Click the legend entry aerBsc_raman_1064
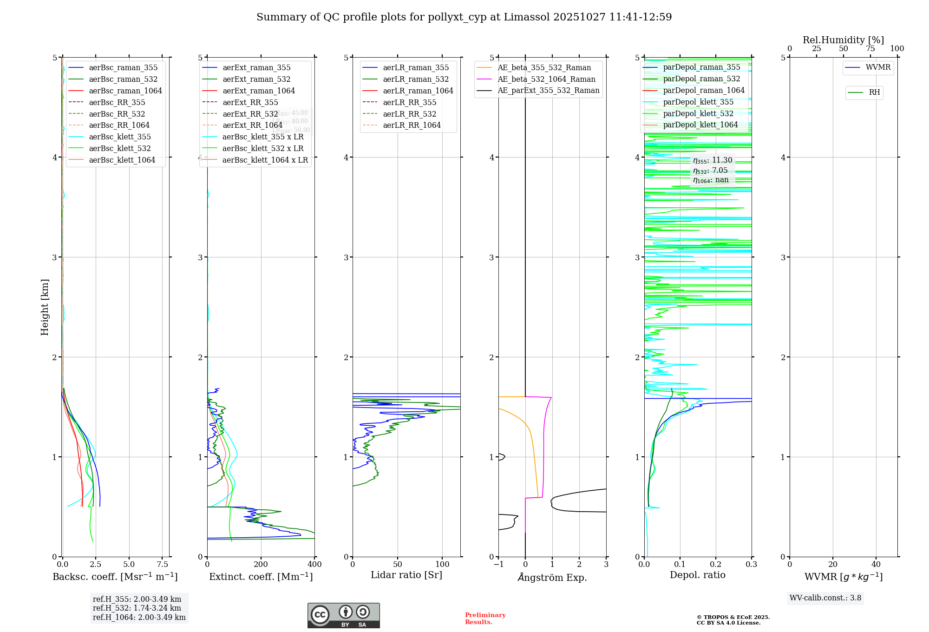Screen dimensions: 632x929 point(125,91)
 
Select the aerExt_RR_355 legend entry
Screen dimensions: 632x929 point(250,102)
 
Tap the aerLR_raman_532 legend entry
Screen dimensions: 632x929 point(416,79)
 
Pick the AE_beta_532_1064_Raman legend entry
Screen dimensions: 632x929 point(546,79)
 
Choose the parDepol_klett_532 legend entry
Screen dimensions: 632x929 point(698,113)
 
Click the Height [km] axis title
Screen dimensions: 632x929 point(45,307)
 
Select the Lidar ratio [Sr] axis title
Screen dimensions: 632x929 point(406,575)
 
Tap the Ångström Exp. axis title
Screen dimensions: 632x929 point(552,577)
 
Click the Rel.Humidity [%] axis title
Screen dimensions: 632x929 point(843,40)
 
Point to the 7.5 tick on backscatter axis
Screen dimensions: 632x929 point(162,565)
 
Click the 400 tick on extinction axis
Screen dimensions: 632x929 point(314,565)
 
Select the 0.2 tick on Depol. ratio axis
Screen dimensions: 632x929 point(716,565)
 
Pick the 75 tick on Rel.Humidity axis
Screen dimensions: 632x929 point(870,49)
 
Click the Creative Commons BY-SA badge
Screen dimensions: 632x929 point(343,615)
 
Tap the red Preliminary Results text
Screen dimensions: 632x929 point(485,619)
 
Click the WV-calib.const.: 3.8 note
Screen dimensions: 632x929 point(825,598)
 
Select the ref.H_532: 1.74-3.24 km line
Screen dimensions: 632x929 point(137,608)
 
